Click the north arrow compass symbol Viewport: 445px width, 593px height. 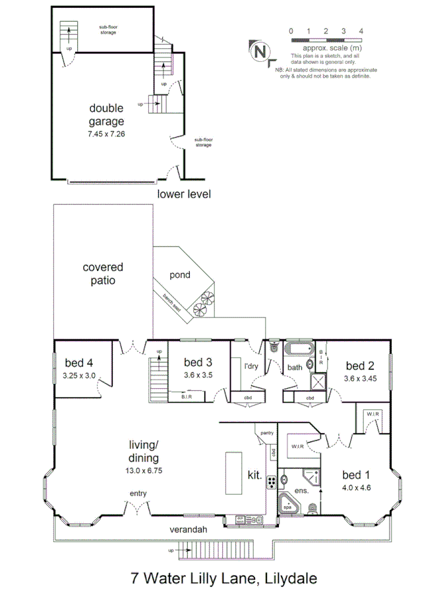[260, 51]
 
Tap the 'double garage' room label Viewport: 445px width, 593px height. [106, 115]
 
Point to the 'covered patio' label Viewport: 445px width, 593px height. [103, 273]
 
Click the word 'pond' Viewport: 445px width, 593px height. [179, 274]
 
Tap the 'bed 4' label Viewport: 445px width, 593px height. [79, 363]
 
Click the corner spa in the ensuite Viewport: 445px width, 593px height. [289, 505]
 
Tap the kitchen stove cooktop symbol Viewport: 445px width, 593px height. [271, 482]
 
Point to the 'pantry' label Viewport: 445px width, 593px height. [267, 433]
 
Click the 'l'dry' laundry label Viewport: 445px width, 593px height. [251, 366]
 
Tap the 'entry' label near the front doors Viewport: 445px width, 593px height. [138, 494]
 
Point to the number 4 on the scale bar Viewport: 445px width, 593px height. [361, 31]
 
